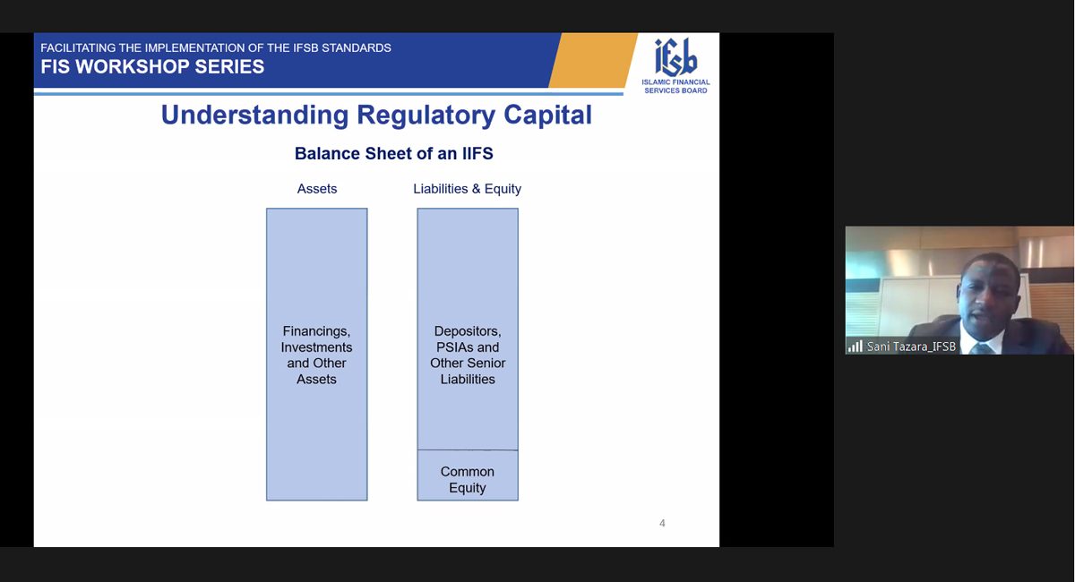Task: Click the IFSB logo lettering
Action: [x=675, y=57]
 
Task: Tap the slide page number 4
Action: [x=662, y=523]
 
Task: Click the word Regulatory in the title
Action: [x=426, y=116]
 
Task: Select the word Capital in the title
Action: [x=547, y=116]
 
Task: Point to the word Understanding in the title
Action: [x=254, y=116]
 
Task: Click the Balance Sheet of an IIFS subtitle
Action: [x=393, y=153]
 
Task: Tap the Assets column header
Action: [x=317, y=189]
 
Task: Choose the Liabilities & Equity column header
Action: [x=467, y=189]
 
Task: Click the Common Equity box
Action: [x=468, y=475]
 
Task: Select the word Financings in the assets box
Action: [x=316, y=331]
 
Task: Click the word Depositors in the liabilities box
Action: [x=468, y=331]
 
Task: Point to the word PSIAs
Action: [x=454, y=347]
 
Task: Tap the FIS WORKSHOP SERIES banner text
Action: [x=152, y=66]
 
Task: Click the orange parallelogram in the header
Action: [x=593, y=60]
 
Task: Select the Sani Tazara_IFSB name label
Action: [x=911, y=347]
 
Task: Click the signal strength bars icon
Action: [x=856, y=346]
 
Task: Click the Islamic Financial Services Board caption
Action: [x=675, y=86]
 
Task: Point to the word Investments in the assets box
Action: [x=316, y=347]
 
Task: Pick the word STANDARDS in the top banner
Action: [x=357, y=48]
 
